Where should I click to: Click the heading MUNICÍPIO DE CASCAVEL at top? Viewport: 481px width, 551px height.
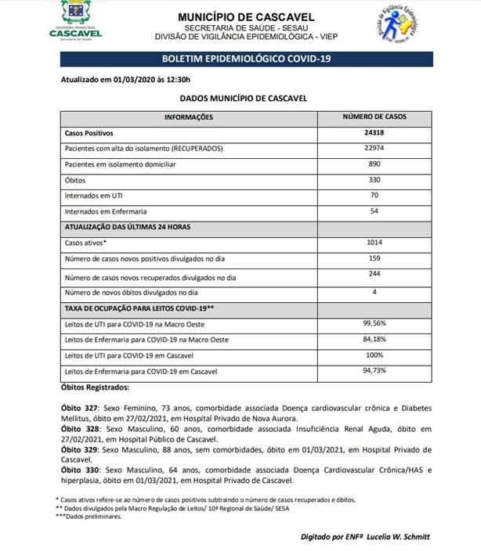pyautogui.click(x=245, y=16)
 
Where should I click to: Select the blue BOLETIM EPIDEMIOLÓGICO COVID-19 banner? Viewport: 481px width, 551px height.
pyautogui.click(x=246, y=59)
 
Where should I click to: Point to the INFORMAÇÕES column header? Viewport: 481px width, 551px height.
pyautogui.click(x=188, y=117)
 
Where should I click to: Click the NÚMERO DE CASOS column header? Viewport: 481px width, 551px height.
pyautogui.click(x=374, y=117)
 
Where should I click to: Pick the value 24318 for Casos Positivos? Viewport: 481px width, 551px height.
pyautogui.click(x=374, y=133)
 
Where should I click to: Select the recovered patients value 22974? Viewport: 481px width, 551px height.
pyautogui.click(x=374, y=148)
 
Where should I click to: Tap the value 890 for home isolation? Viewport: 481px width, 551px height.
pyautogui.click(x=374, y=164)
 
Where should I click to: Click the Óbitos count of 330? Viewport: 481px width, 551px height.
pyautogui.click(x=374, y=179)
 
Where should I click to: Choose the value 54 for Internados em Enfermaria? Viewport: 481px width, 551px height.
pyautogui.click(x=374, y=211)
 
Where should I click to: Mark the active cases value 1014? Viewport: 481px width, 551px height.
pyautogui.click(x=374, y=243)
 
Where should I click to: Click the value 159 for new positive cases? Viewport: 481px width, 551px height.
pyautogui.click(x=374, y=258)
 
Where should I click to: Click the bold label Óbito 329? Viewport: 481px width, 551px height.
pyautogui.click(x=80, y=450)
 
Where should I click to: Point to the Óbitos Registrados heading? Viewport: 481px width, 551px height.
pyautogui.click(x=96, y=387)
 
